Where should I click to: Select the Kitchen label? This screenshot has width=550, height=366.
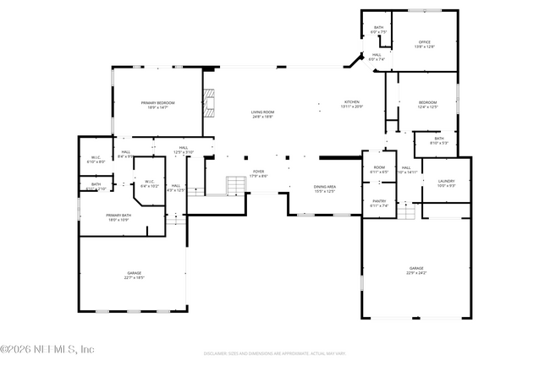pos(351,104)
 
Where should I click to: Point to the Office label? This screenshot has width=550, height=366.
pos(425,44)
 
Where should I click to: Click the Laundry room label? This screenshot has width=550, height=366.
pos(446,183)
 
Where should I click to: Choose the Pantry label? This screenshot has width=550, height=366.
pos(379,203)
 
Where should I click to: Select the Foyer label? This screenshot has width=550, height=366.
pos(257,173)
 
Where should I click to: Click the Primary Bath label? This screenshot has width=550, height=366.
pos(118,218)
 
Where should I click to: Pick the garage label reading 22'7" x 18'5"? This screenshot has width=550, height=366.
pos(135,275)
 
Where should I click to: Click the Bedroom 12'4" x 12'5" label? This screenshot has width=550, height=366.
pos(427,105)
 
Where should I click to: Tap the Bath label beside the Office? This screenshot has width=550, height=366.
pos(378,30)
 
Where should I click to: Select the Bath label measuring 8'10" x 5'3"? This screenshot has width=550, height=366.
pos(438,140)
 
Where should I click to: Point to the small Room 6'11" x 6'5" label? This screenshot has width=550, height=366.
pos(379,169)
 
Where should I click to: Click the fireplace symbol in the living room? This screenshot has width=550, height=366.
pos(209,105)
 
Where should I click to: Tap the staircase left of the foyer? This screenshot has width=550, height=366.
pos(234,186)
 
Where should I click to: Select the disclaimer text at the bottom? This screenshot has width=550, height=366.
pos(275,352)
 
